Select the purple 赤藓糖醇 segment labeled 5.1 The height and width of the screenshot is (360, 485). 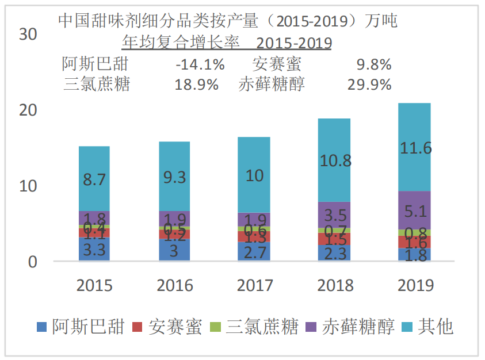(415, 210)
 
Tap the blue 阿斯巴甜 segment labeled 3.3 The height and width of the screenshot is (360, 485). (94, 250)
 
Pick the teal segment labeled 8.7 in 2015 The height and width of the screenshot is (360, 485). (94, 179)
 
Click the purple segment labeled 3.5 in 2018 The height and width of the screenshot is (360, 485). (335, 215)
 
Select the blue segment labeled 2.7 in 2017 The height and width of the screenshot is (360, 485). (254, 251)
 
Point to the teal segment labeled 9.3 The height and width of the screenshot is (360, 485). (174, 177)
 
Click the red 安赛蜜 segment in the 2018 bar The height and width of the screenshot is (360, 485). (335, 239)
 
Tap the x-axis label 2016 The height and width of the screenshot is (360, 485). (174, 285)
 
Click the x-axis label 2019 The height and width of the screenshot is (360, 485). (415, 285)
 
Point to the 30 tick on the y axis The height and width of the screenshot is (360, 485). (28, 35)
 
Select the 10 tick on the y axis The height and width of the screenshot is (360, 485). (28, 186)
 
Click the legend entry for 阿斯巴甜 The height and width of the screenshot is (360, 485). (80, 327)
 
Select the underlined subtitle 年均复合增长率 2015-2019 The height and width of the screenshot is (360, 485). (227, 43)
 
